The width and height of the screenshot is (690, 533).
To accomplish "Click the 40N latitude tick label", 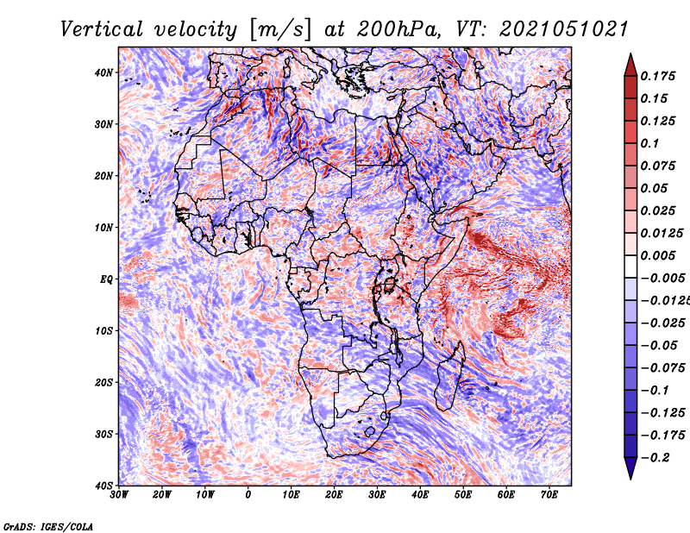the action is pyautogui.click(x=103, y=72).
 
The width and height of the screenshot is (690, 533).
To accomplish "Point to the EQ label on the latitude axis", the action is pyautogui.click(x=106, y=279).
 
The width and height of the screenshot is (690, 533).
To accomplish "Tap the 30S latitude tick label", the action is pyautogui.click(x=103, y=435).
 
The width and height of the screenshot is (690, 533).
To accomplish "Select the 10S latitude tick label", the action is pyautogui.click(x=103, y=331).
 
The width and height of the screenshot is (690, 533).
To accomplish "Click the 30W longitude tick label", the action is pyautogui.click(x=119, y=495).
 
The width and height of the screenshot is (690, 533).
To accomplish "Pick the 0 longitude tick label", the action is pyautogui.click(x=248, y=495).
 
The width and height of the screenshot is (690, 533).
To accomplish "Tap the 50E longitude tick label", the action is pyautogui.click(x=463, y=495).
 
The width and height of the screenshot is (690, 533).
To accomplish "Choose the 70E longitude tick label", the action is pyautogui.click(x=549, y=495).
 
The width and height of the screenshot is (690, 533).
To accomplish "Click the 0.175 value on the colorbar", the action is pyautogui.click(x=658, y=77).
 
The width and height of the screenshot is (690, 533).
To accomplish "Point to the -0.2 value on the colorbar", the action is pyautogui.click(x=655, y=458).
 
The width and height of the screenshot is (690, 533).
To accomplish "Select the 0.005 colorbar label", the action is pyautogui.click(x=658, y=255).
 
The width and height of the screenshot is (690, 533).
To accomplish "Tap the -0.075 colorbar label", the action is pyautogui.click(x=663, y=368).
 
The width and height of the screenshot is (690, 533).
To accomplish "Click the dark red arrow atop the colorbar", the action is pyautogui.click(x=630, y=66).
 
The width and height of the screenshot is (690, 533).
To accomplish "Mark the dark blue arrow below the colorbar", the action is pyautogui.click(x=630, y=467).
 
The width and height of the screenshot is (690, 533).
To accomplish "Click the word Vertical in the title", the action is pyautogui.click(x=102, y=30).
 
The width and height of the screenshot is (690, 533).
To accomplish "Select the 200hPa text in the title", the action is pyautogui.click(x=398, y=30).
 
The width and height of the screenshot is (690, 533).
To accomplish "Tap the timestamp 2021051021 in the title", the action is pyautogui.click(x=564, y=30).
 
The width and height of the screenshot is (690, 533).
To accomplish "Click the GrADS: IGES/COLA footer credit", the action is pyautogui.click(x=48, y=526).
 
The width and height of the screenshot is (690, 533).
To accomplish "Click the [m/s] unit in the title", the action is pyautogui.click(x=281, y=30).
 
